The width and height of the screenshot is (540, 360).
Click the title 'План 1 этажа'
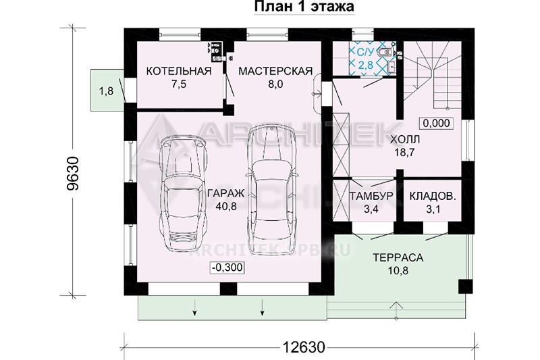click(x=304, y=7)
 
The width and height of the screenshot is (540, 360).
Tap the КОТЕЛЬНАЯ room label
click(x=179, y=71)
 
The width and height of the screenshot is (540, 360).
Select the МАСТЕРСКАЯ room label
click(x=275, y=71)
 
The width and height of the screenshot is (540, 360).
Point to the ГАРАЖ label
click(x=226, y=193)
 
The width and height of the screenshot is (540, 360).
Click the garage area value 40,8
click(x=226, y=206)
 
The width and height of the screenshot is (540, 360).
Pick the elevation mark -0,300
click(x=227, y=267)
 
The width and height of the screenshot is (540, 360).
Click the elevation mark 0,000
click(x=436, y=123)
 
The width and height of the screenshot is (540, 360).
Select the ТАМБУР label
click(x=371, y=196)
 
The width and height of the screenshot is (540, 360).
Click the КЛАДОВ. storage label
click(x=433, y=196)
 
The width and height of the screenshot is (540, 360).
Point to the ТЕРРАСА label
click(x=398, y=258)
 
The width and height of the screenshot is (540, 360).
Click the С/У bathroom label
click(x=365, y=53)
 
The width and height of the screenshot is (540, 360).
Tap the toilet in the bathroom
click(x=385, y=53)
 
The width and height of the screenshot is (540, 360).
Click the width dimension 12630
click(x=304, y=347)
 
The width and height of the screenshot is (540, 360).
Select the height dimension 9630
click(x=74, y=174)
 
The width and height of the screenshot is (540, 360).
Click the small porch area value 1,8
click(x=106, y=91)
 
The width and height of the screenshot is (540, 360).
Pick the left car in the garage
click(x=184, y=194)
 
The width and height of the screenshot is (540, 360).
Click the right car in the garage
click(x=272, y=190)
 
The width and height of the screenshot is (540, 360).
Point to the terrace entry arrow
click(x=397, y=311)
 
